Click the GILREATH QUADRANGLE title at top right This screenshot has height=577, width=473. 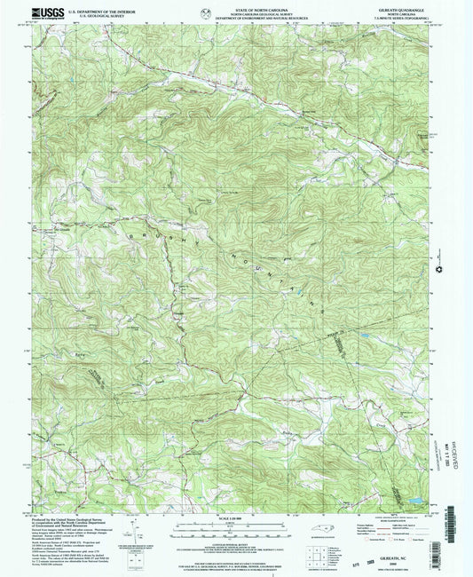pos(404,7)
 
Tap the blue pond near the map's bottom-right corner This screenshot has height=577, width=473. pos(413,502)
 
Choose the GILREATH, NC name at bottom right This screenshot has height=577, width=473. pos(399,556)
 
